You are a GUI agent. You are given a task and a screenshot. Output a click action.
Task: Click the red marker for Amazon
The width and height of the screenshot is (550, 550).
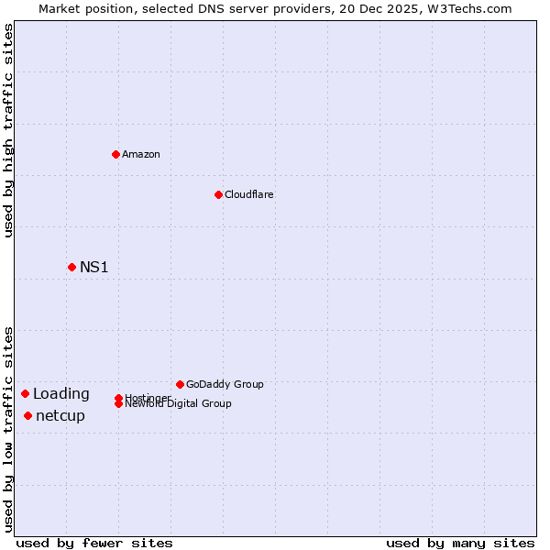pos(115,154)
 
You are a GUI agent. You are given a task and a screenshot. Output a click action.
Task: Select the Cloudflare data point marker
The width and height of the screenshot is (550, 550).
pos(218,194)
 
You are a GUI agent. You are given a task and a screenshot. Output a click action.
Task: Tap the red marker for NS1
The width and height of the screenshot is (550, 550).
pos(71,267)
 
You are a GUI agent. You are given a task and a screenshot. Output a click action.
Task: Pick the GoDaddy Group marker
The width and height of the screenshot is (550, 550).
pos(180,384)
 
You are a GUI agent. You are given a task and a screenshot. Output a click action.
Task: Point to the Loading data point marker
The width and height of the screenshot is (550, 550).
pos(25,393)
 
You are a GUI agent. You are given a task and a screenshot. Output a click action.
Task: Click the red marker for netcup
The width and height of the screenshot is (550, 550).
pos(27,415)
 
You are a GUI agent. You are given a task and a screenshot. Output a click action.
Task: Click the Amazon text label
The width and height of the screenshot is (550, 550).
pos(141,154)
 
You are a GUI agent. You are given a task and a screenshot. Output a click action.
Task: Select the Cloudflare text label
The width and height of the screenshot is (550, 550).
pos(248,194)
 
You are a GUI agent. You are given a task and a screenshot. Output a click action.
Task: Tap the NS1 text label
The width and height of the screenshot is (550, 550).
pos(93,267)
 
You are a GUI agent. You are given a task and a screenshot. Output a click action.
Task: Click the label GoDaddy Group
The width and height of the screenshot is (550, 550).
pos(225,384)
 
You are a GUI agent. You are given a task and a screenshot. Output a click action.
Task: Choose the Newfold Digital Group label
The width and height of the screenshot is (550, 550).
pos(178,404)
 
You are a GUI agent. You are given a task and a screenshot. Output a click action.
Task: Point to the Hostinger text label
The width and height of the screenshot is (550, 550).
pos(148,397)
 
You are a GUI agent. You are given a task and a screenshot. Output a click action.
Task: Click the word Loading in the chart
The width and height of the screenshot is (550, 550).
pos(60,393)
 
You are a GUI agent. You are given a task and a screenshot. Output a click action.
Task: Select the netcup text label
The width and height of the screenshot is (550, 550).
pos(60,415)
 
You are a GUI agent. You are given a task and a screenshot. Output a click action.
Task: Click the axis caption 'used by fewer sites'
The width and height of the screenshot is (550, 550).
pos(94,543)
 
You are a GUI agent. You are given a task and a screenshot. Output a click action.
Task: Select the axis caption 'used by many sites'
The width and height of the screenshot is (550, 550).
pos(460,543)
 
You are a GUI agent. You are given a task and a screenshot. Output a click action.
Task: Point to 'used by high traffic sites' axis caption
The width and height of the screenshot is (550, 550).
pos(8,130)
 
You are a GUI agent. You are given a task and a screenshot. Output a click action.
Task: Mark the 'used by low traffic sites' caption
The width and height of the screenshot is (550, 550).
pos(8,429)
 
